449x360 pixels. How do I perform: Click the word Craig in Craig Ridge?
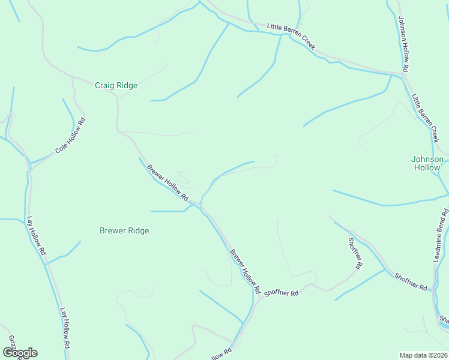tap(104, 86)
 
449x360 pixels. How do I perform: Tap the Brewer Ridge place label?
tap(124, 230)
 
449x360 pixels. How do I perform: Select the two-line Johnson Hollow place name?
tap(427, 163)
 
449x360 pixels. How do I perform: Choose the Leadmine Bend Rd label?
tap(441, 235)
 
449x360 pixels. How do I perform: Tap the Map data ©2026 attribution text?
tap(424, 355)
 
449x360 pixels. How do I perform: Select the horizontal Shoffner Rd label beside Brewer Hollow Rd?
tap(281, 293)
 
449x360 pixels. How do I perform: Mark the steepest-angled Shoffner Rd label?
tap(355, 253)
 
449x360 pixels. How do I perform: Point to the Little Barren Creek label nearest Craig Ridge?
tap(291, 35)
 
